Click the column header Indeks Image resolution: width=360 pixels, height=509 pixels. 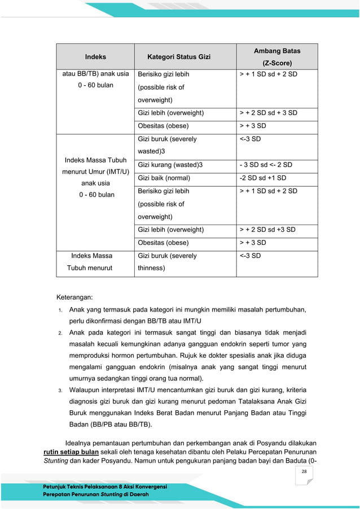pyautogui.click(x=95, y=57)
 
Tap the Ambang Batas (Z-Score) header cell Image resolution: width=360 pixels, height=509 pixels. pyautogui.click(x=276, y=57)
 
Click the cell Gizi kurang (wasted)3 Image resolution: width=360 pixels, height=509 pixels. pyautogui.click(x=170, y=165)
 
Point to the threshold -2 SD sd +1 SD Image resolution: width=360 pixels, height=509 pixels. pyautogui.click(x=263, y=178)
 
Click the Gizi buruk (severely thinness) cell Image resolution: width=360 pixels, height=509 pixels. pyautogui.click(x=167, y=262)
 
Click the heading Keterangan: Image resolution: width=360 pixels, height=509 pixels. pyautogui.click(x=74, y=297)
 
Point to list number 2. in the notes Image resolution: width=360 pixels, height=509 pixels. pyautogui.click(x=60, y=333)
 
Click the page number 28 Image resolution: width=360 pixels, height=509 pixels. pyautogui.click(x=304, y=472)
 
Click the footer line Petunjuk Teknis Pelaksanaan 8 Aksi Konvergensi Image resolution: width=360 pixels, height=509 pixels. pyautogui.click(x=105, y=486)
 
